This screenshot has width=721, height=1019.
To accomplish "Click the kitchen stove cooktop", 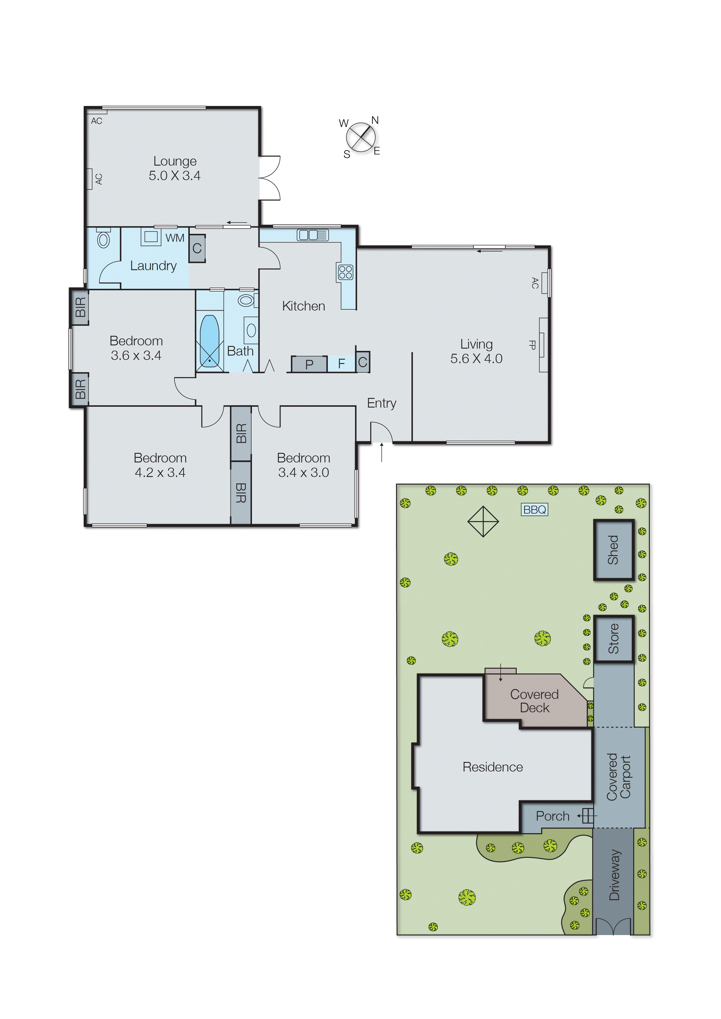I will [x=346, y=272].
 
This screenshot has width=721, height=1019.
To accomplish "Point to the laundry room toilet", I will [x=103, y=240].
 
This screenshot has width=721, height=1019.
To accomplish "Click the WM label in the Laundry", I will [x=175, y=238].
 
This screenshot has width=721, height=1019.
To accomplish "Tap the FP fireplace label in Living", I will [x=532, y=345].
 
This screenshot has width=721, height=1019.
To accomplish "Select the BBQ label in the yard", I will [x=534, y=509].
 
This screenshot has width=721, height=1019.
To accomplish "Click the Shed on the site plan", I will [x=613, y=550].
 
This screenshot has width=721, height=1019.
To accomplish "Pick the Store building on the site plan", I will [x=613, y=639].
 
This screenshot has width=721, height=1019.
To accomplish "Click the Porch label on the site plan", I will [x=552, y=816].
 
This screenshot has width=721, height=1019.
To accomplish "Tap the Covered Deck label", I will [x=534, y=701].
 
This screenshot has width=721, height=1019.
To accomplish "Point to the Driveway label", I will [x=614, y=875].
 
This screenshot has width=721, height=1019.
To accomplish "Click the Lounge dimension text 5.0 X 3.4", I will [x=174, y=176].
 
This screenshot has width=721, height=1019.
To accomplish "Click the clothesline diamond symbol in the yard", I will [x=483, y=521].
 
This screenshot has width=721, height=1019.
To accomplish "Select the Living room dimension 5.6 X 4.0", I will [x=476, y=359].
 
